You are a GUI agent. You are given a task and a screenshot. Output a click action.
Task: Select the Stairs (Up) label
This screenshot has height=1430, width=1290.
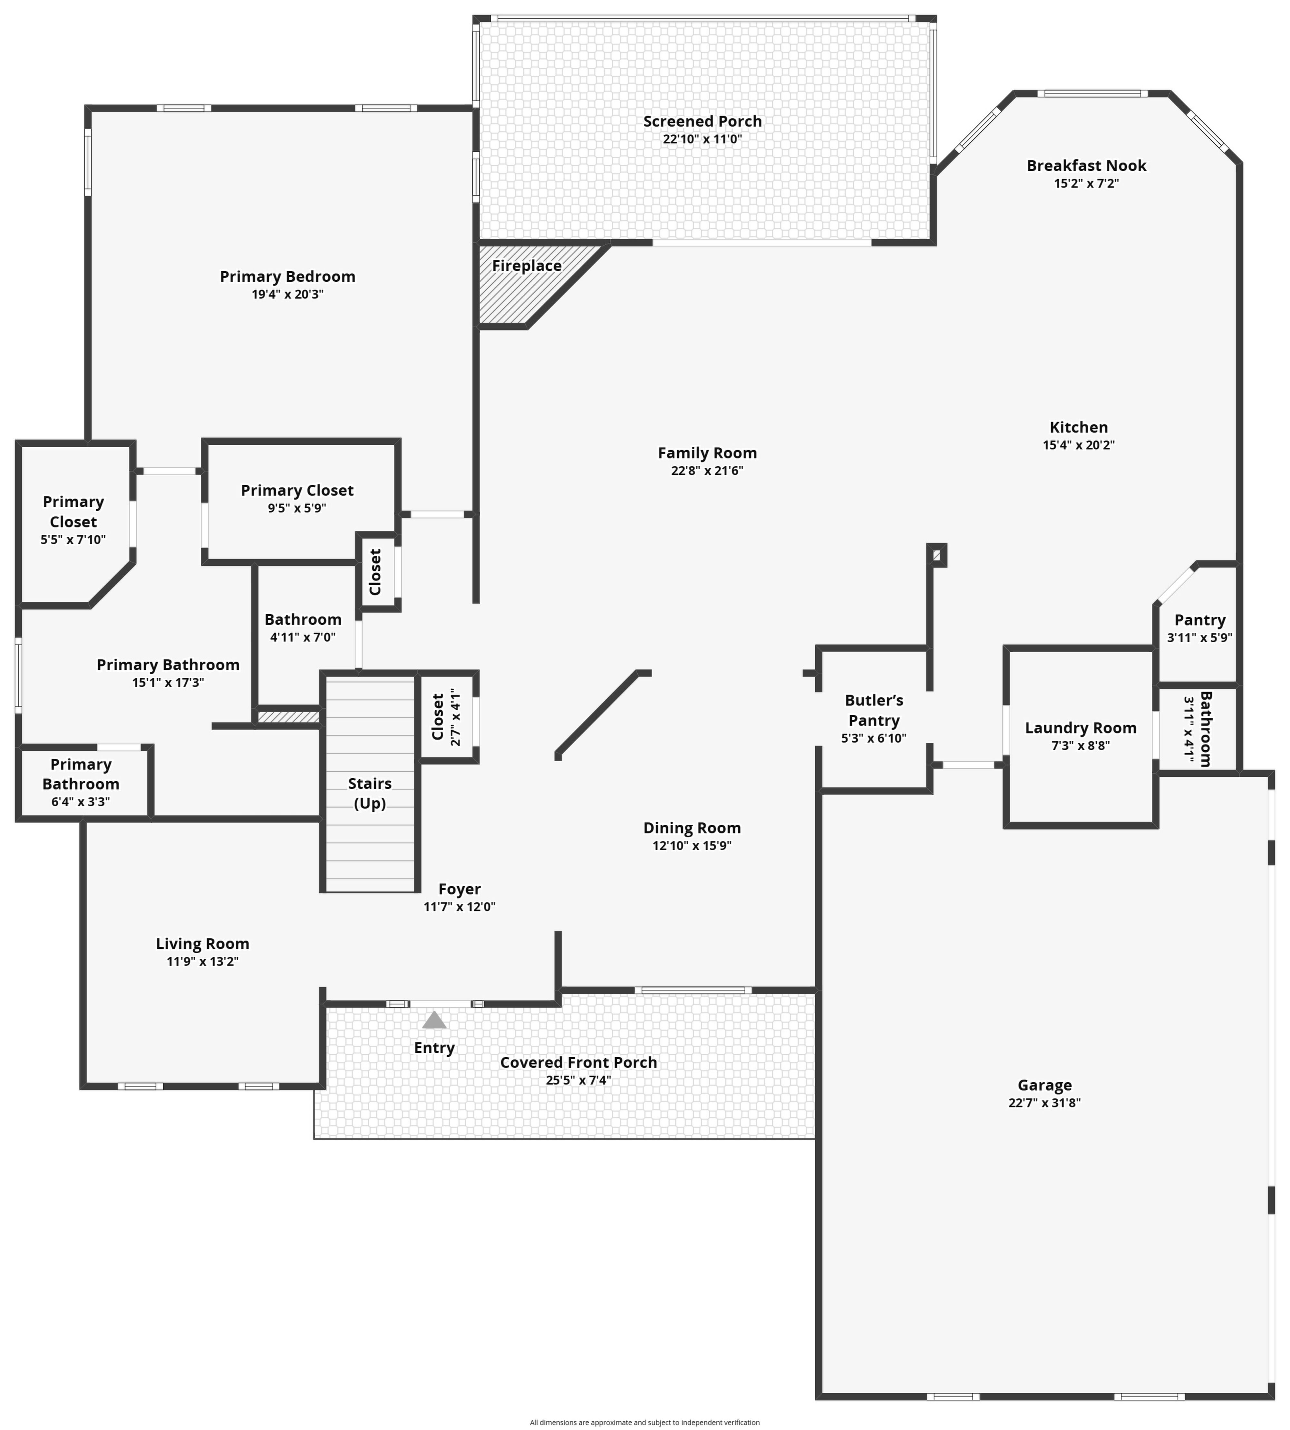370,793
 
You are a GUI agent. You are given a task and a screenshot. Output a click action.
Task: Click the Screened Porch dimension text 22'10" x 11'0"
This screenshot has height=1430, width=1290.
703,139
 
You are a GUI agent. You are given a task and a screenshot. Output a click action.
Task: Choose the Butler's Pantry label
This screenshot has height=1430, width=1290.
874,710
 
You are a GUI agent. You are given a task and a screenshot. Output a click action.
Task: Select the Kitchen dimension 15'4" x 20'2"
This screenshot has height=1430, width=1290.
1079,445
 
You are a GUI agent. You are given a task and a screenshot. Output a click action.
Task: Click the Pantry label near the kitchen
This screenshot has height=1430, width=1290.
1200,620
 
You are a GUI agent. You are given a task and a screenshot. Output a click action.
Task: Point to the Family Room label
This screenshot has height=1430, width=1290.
707,453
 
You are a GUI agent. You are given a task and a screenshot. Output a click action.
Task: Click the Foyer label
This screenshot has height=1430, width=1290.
459,889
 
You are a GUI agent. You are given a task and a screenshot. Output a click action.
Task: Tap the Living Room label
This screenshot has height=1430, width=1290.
203,944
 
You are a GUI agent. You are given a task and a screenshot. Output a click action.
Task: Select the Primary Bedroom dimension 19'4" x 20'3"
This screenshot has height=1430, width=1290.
288,294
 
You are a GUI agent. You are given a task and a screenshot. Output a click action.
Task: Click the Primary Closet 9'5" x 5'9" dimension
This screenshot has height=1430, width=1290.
297,508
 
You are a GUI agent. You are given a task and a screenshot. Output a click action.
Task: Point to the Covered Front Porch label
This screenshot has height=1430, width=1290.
578,1062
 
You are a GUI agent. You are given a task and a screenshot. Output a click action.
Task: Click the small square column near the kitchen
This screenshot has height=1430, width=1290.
937,555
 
